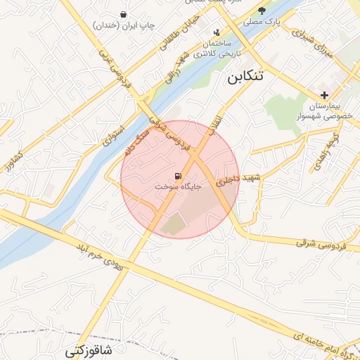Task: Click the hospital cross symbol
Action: tap(323, 94)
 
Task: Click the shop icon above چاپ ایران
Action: tap(124, 14)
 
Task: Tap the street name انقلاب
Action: tap(215, 125)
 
